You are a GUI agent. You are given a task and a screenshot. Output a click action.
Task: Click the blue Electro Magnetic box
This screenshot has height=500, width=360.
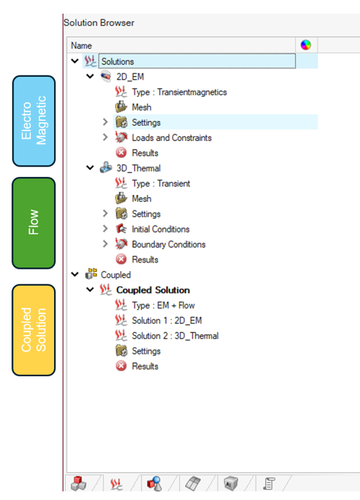click(x=34, y=121)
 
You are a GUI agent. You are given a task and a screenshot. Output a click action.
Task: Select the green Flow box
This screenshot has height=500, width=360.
click(x=34, y=223)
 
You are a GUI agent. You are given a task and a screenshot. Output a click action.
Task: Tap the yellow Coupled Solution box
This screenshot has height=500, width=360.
click(x=34, y=330)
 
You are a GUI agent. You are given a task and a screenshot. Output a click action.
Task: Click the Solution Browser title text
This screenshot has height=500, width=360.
click(x=99, y=23)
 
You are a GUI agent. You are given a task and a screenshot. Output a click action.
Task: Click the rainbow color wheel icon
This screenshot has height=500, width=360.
click(x=305, y=45)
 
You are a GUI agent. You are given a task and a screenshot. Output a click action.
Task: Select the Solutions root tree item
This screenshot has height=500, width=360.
click(x=117, y=62)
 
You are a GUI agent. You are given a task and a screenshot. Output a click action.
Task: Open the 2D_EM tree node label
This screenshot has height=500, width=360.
click(x=130, y=77)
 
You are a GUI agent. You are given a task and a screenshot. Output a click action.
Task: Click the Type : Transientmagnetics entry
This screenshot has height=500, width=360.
click(x=179, y=92)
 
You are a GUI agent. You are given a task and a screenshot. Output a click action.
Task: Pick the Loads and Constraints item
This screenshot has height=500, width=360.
click(x=171, y=138)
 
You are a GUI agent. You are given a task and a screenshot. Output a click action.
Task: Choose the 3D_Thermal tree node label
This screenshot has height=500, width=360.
click(x=139, y=168)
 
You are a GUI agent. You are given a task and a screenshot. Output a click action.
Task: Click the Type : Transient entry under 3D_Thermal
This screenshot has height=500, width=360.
click(x=161, y=183)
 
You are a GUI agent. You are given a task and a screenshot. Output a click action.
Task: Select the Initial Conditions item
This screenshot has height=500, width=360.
click(x=160, y=229)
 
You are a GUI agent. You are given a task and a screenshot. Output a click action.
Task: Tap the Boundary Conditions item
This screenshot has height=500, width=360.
click(x=169, y=244)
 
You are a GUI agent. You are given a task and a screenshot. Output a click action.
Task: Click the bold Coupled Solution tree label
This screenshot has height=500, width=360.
click(x=153, y=290)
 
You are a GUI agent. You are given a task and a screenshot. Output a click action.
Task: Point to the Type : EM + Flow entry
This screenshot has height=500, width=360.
click(x=163, y=306)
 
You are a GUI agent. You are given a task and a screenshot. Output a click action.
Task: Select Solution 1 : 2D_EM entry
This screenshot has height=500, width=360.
click(x=166, y=321)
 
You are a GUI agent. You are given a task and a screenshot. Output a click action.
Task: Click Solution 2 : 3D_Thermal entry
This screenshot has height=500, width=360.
click(x=175, y=336)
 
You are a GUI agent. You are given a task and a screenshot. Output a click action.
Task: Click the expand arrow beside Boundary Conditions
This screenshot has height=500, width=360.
click(x=105, y=244)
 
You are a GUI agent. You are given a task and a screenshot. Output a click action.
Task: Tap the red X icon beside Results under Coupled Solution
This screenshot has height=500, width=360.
click(x=121, y=366)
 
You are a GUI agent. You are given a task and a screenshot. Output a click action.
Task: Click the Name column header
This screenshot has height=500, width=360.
click(x=81, y=46)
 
